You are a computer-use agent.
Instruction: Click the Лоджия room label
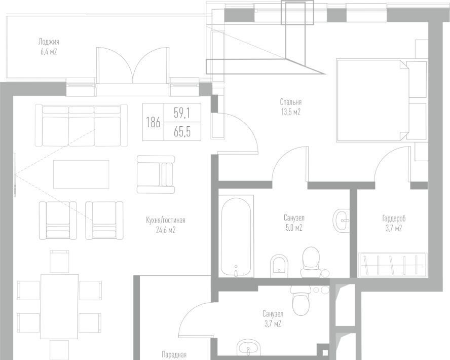pos(49,42)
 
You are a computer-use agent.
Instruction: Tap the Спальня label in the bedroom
pos(290,102)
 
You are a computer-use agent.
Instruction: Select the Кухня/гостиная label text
pos(166,220)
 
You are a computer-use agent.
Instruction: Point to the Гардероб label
pos(394,219)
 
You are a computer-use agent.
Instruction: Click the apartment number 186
pos(153,123)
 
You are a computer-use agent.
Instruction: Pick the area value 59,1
pos(181,113)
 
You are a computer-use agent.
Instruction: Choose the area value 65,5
pos(182,132)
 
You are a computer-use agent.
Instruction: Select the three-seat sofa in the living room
pos(81,125)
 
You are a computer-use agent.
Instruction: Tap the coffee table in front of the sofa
pos(81,174)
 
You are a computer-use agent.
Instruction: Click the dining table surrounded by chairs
pos(59,306)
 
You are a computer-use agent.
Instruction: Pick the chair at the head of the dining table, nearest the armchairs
pos(59,261)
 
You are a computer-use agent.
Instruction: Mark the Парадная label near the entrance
pos(174,354)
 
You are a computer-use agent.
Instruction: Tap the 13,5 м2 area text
pos(290,112)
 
